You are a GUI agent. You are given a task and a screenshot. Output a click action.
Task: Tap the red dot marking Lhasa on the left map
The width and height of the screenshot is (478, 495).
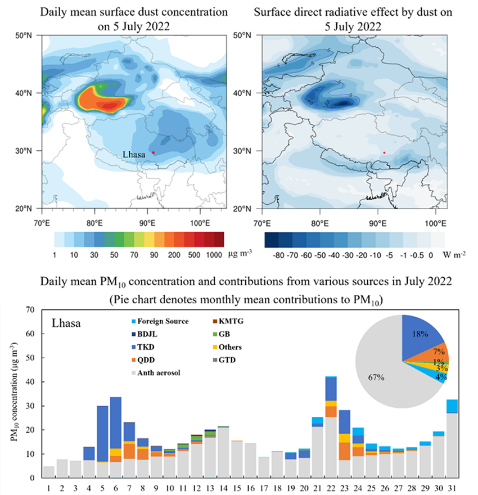click(153, 152)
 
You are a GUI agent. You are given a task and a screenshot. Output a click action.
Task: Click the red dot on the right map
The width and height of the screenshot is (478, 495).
click(384, 152)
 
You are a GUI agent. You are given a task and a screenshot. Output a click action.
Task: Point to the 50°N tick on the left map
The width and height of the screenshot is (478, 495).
click(29, 35)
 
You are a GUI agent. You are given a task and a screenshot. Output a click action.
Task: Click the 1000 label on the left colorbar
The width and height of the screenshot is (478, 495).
click(214, 255)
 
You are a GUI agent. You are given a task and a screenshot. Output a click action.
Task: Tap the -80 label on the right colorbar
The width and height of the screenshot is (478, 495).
click(277, 255)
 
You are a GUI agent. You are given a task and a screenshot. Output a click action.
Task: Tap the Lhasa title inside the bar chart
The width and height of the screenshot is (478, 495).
click(67, 324)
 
